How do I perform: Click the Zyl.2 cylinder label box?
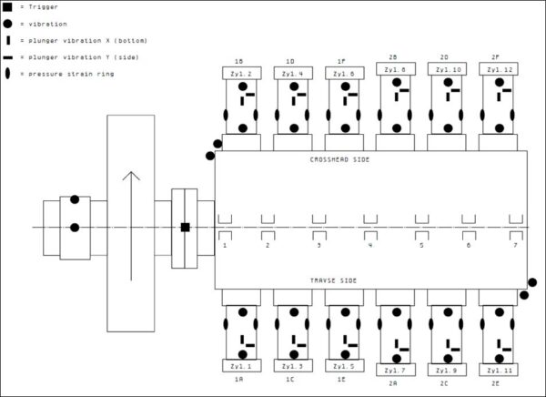pyautogui.click(x=242, y=72)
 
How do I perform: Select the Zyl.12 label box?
pyautogui.click(x=499, y=70)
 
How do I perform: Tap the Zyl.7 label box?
pyautogui.click(x=396, y=371)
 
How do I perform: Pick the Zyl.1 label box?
pyautogui.click(x=241, y=366)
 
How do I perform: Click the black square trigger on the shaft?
pyautogui.click(x=185, y=227)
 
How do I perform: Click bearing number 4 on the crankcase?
pyautogui.click(x=369, y=245)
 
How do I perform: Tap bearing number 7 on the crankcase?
pyautogui.click(x=514, y=245)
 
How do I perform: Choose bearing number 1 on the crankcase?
pyautogui.click(x=224, y=245)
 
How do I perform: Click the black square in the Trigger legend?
pyautogui.click(x=8, y=6)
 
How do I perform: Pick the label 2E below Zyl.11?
pyautogui.click(x=495, y=383)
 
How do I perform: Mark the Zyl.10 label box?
pyautogui.click(x=448, y=70)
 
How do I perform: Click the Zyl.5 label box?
pyautogui.click(x=344, y=366)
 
